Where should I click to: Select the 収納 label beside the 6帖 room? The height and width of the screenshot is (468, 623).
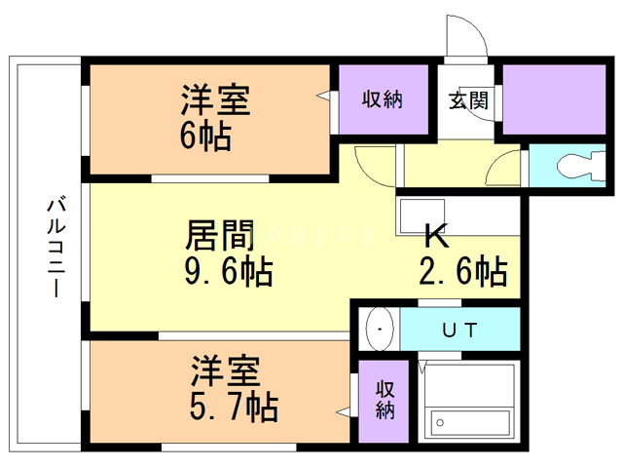383,98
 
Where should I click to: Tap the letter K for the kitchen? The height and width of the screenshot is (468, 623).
434,238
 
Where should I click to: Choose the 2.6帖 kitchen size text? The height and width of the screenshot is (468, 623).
463,272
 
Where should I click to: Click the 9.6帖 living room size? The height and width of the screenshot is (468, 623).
228,270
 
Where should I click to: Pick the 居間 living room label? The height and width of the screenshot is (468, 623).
220,235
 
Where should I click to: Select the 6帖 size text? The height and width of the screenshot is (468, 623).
204,136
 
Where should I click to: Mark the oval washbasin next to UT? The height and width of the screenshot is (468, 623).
379,329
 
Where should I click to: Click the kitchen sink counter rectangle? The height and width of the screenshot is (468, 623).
421,214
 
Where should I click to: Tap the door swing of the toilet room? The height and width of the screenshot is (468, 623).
505,168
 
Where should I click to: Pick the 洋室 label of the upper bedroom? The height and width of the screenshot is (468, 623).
216,102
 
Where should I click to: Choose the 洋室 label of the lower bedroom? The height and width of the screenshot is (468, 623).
224,372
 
